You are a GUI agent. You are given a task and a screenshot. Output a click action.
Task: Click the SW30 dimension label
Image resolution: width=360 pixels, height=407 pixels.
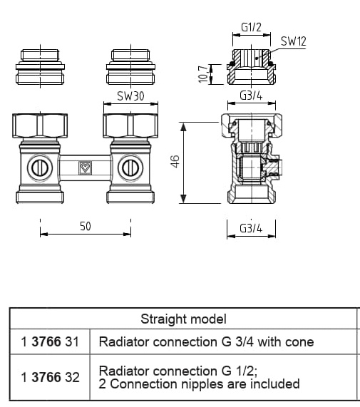click(130, 96)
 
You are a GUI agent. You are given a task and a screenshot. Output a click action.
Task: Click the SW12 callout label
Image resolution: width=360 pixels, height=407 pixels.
click(293, 41)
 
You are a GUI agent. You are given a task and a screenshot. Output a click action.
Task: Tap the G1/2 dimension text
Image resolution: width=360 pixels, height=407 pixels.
click(251, 27)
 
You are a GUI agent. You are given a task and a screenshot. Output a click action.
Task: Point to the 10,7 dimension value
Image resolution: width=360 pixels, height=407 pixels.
click(203, 74)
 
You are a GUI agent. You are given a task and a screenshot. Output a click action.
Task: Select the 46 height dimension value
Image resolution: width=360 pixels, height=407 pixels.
click(175, 162)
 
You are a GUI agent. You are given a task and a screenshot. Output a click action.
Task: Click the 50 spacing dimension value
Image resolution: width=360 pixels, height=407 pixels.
click(86, 227)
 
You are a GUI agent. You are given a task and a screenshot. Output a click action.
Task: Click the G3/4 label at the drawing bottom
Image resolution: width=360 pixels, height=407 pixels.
click(251, 228)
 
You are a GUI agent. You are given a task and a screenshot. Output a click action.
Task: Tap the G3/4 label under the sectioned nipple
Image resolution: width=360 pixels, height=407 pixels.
click(251, 96)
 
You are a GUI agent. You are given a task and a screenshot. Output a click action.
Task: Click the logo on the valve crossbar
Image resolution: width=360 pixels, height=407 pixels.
click(85, 168)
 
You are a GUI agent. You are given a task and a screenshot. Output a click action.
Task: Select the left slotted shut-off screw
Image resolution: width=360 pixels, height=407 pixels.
click(40, 168)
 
